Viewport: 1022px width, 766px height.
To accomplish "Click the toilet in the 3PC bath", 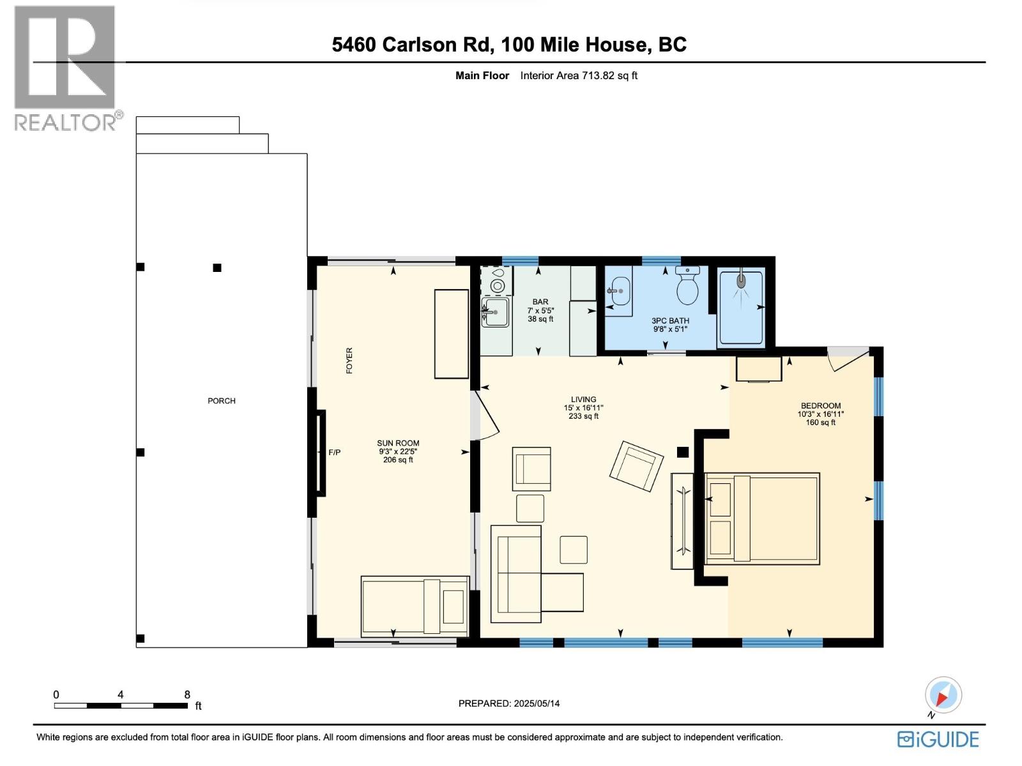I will pyautogui.click(x=688, y=287).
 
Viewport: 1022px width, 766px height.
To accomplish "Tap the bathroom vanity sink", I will pyautogui.click(x=617, y=292).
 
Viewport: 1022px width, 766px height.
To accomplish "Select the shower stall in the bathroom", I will pyautogui.click(x=741, y=308).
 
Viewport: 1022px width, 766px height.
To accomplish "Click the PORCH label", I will pyautogui.click(x=222, y=401).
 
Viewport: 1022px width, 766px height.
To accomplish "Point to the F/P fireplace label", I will pyautogui.click(x=335, y=453).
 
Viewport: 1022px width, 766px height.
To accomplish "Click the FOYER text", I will pyautogui.click(x=349, y=361).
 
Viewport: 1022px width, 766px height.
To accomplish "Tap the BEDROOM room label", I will pyautogui.click(x=821, y=405).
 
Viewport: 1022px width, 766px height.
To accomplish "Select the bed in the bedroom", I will pyautogui.click(x=762, y=518).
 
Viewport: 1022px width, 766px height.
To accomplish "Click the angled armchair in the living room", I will pyautogui.click(x=636, y=466).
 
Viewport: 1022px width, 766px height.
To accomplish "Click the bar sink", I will pyautogui.click(x=496, y=312).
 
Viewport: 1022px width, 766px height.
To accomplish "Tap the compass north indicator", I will pyautogui.click(x=943, y=695).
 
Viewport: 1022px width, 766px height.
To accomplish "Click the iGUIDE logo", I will pyautogui.click(x=938, y=739).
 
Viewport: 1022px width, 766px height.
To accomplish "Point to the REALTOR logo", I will pyautogui.click(x=65, y=68).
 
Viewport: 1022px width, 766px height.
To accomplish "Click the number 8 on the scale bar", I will pyautogui.click(x=187, y=695).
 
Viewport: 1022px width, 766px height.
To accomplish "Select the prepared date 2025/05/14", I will pyautogui.click(x=536, y=703).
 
